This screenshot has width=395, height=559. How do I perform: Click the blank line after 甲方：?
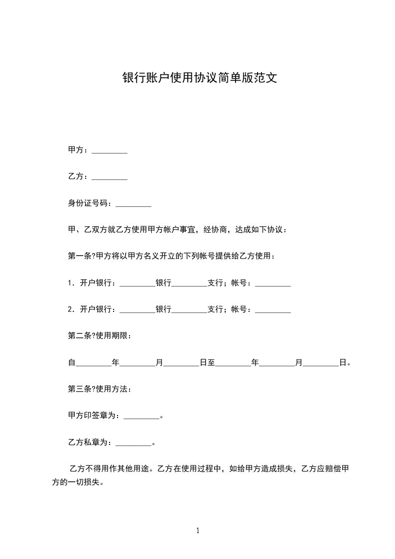pos(110,150)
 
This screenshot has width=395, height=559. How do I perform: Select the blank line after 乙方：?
pos(110,177)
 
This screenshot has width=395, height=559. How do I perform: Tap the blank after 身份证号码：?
pos(133,204)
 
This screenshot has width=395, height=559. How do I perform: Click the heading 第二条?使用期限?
pos(99,336)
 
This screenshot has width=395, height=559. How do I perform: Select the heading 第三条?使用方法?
pos(99,389)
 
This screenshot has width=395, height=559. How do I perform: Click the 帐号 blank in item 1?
pos(272,283)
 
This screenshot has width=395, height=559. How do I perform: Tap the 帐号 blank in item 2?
pos(272,310)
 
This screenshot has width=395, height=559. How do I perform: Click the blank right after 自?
pos(93,363)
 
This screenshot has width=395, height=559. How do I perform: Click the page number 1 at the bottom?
pos(198,531)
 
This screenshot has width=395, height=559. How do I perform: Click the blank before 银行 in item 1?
pos(138,283)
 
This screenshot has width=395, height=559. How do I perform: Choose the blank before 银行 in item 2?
pos(138,310)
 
